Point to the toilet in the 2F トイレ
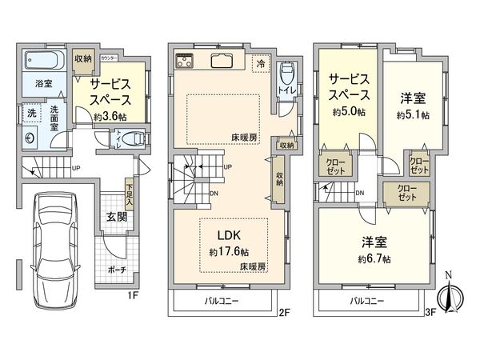(286, 80)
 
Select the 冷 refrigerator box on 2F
(261, 62)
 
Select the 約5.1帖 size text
(412, 115)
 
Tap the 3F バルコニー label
(368, 302)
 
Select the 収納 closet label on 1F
(84, 59)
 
